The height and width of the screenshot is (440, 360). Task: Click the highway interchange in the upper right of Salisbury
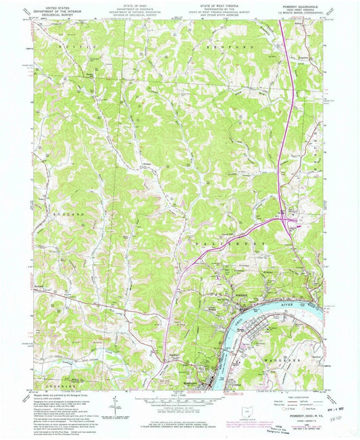pos(289,221)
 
